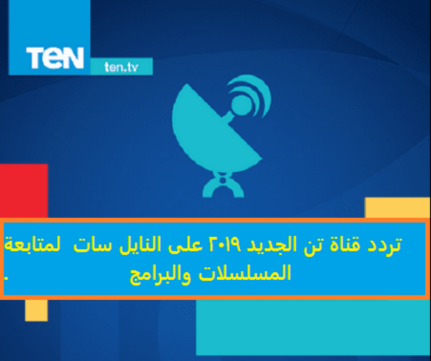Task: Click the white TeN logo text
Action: (55, 58)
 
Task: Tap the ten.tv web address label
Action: (121, 67)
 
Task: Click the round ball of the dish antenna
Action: (242, 105)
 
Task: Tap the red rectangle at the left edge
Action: (24, 191)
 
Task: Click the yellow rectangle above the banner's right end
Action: (397, 207)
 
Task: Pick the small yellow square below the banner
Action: (36, 310)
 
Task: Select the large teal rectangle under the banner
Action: (313, 328)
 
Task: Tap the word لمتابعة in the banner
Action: (32, 244)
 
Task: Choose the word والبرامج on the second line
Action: (161, 275)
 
